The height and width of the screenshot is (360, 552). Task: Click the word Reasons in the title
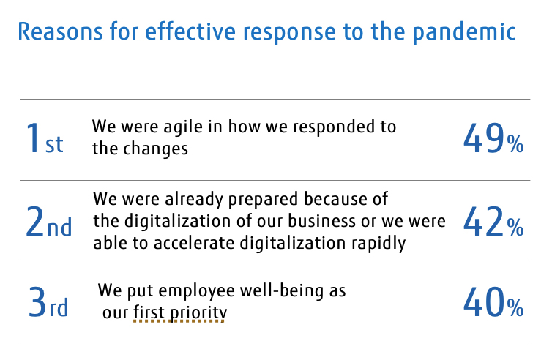[60, 31]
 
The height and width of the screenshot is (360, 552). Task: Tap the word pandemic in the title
[464, 33]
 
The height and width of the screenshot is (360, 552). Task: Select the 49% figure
[493, 138]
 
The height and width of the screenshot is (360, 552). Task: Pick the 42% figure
[493, 222]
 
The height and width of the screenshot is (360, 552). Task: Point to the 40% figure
[493, 302]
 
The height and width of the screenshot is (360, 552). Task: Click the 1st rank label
[45, 138]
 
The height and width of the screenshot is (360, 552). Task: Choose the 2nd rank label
[49, 222]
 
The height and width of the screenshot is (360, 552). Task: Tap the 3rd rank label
[48, 302]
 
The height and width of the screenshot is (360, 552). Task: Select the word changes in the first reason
[155, 148]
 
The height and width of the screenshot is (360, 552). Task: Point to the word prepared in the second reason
[264, 200]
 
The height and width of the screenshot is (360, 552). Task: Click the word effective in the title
[190, 31]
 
